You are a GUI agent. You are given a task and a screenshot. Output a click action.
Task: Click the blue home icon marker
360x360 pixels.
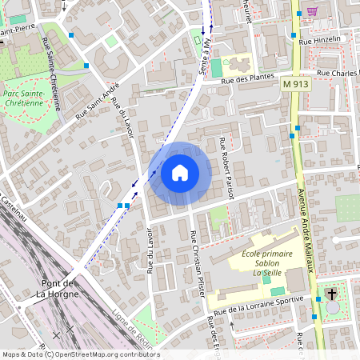[180, 173]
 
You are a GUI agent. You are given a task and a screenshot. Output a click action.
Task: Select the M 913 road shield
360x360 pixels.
[295, 82]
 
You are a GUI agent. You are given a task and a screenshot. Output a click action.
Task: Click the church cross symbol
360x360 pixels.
[332, 294]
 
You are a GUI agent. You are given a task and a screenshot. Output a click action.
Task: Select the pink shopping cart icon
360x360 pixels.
[312, 11]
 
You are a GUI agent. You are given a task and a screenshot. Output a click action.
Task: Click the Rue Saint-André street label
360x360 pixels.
[98, 101]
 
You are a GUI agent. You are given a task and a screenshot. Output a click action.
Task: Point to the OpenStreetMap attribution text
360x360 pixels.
[80, 354]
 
